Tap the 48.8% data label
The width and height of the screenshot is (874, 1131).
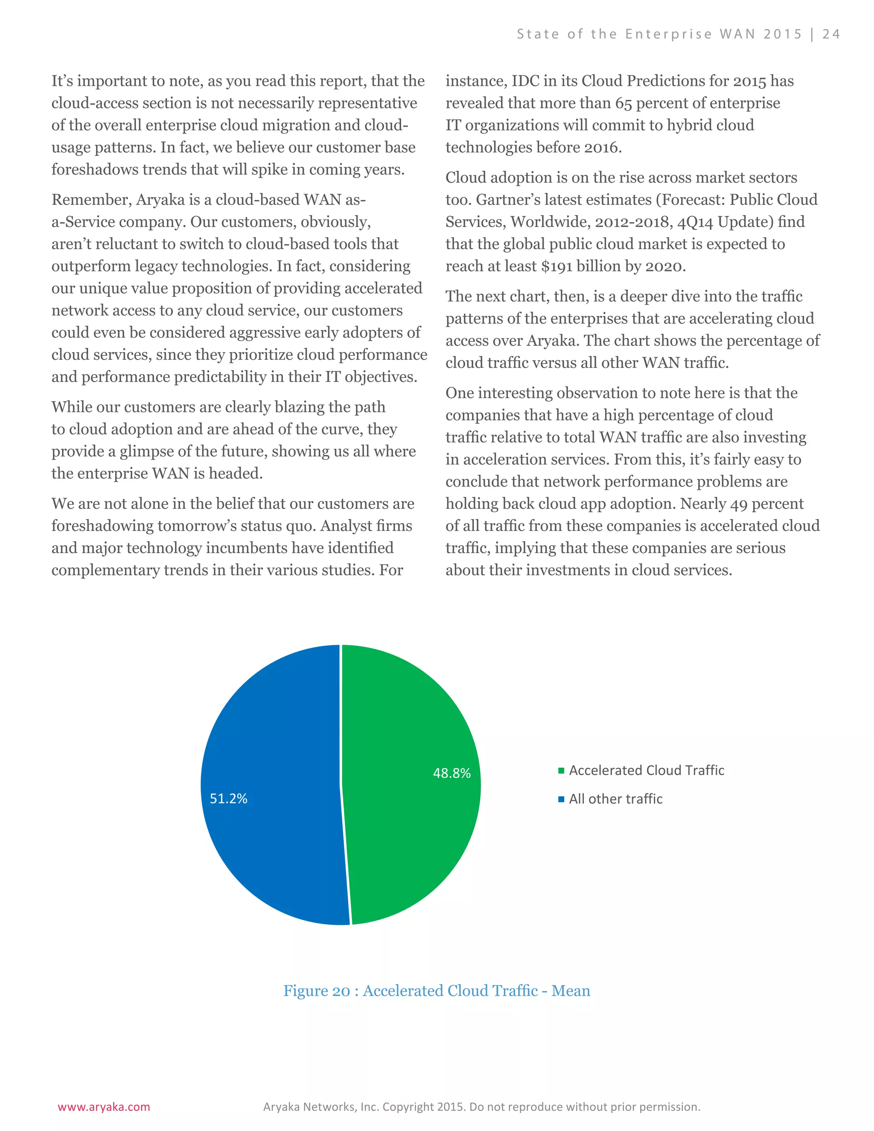click(452, 773)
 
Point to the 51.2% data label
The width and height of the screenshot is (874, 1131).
click(228, 799)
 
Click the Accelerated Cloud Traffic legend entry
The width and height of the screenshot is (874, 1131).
click(646, 770)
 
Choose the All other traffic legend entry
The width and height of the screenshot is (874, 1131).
click(616, 799)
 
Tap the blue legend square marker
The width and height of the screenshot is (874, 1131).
click(561, 799)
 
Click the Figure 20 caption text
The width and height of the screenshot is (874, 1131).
click(437, 991)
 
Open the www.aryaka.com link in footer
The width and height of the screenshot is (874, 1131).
click(104, 1107)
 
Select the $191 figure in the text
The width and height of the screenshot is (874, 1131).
click(556, 266)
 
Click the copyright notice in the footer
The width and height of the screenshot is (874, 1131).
click(481, 1107)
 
